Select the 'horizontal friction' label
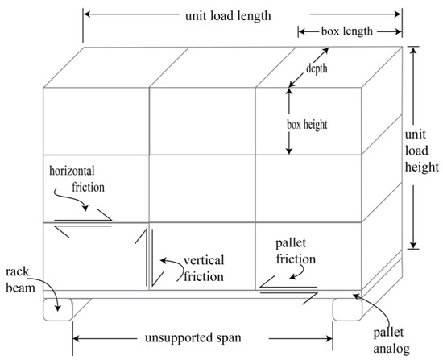click(x=77, y=180)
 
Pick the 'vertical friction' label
click(x=202, y=267)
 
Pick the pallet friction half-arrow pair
click(x=288, y=288)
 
